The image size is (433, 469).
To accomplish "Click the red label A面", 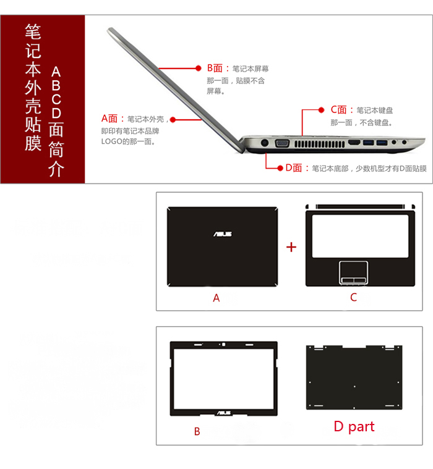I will tap(112, 119).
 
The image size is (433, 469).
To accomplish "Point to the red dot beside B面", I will tap(199, 68).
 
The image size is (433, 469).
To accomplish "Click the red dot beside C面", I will tap(322, 110).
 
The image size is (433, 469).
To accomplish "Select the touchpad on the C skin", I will tap(353, 272).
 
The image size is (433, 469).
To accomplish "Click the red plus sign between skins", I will tap(291, 247).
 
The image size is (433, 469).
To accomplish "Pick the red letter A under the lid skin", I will tap(216, 298).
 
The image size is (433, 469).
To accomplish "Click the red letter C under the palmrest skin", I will tap(353, 298).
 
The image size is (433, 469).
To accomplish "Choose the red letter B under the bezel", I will tap(197, 432).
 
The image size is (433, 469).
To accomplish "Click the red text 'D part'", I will tap(354, 426).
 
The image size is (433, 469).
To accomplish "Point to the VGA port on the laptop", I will tap(282, 143).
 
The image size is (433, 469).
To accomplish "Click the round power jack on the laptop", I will tap(264, 143).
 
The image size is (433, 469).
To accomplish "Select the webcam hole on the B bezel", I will tap(223, 344).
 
